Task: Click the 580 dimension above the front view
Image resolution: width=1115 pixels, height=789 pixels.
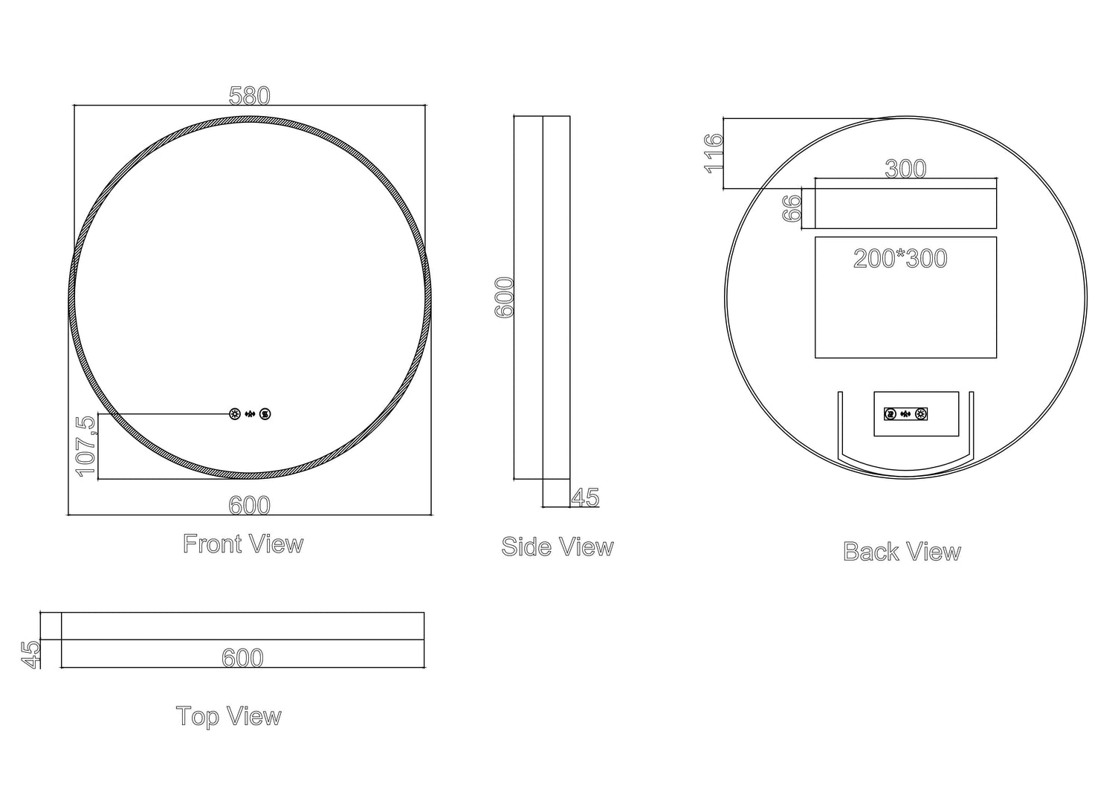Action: pos(249,96)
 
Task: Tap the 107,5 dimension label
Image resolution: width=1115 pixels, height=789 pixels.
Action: pos(85,446)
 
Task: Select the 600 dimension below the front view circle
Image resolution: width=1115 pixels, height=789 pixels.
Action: pos(249,506)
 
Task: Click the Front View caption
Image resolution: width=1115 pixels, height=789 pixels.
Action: pos(243,544)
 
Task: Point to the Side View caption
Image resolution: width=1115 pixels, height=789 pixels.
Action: pos(557,547)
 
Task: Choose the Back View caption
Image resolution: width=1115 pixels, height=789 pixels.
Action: pos(902,552)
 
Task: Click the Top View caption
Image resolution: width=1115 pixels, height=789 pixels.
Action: pos(229,717)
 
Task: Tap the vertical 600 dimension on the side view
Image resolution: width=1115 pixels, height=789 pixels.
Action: pos(505,297)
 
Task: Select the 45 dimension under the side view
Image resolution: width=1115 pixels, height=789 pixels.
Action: pos(586,497)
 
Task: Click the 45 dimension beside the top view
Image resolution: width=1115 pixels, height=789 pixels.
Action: pos(30,654)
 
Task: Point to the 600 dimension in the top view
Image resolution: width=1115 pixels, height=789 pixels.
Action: pos(242,658)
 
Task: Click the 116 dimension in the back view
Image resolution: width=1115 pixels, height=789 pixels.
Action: pos(714,152)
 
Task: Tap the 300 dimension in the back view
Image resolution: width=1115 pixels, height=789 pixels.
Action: pos(905,169)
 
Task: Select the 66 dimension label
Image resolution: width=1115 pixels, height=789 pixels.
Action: pos(792,208)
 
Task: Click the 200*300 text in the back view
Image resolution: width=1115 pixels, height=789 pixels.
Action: pos(900,259)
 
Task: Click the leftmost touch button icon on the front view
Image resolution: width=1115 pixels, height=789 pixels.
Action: pos(236,414)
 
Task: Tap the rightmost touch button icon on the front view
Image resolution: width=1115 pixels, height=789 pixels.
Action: pos(265,414)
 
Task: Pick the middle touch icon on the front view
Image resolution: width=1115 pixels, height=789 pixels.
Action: pos(251,414)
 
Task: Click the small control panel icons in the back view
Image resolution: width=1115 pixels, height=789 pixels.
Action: pos(905,414)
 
